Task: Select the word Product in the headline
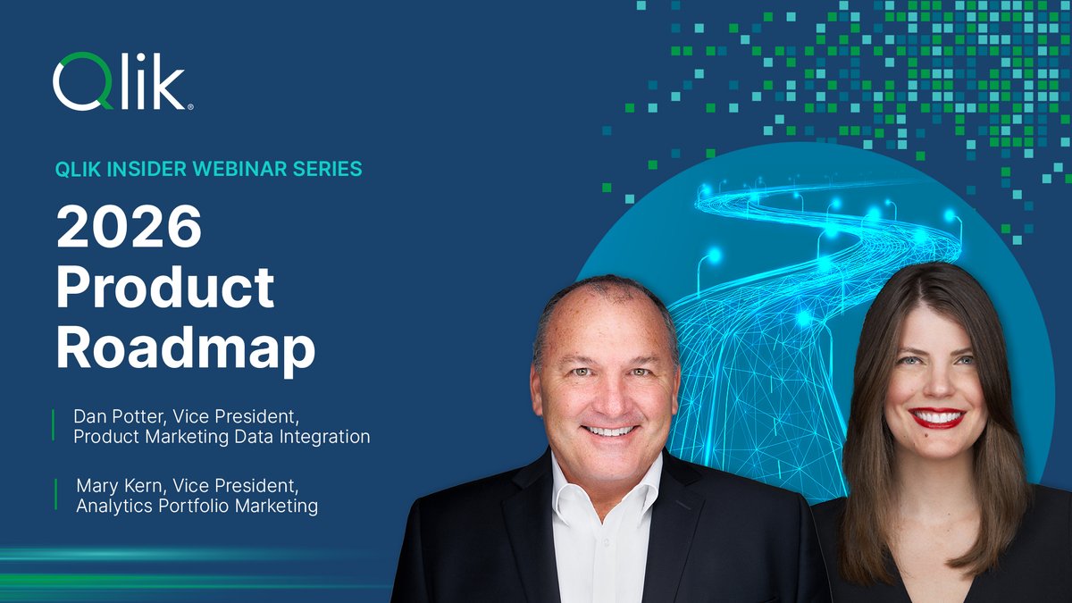[x=165, y=288]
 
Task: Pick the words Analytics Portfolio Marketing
[x=197, y=507]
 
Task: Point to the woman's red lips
[x=935, y=417]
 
